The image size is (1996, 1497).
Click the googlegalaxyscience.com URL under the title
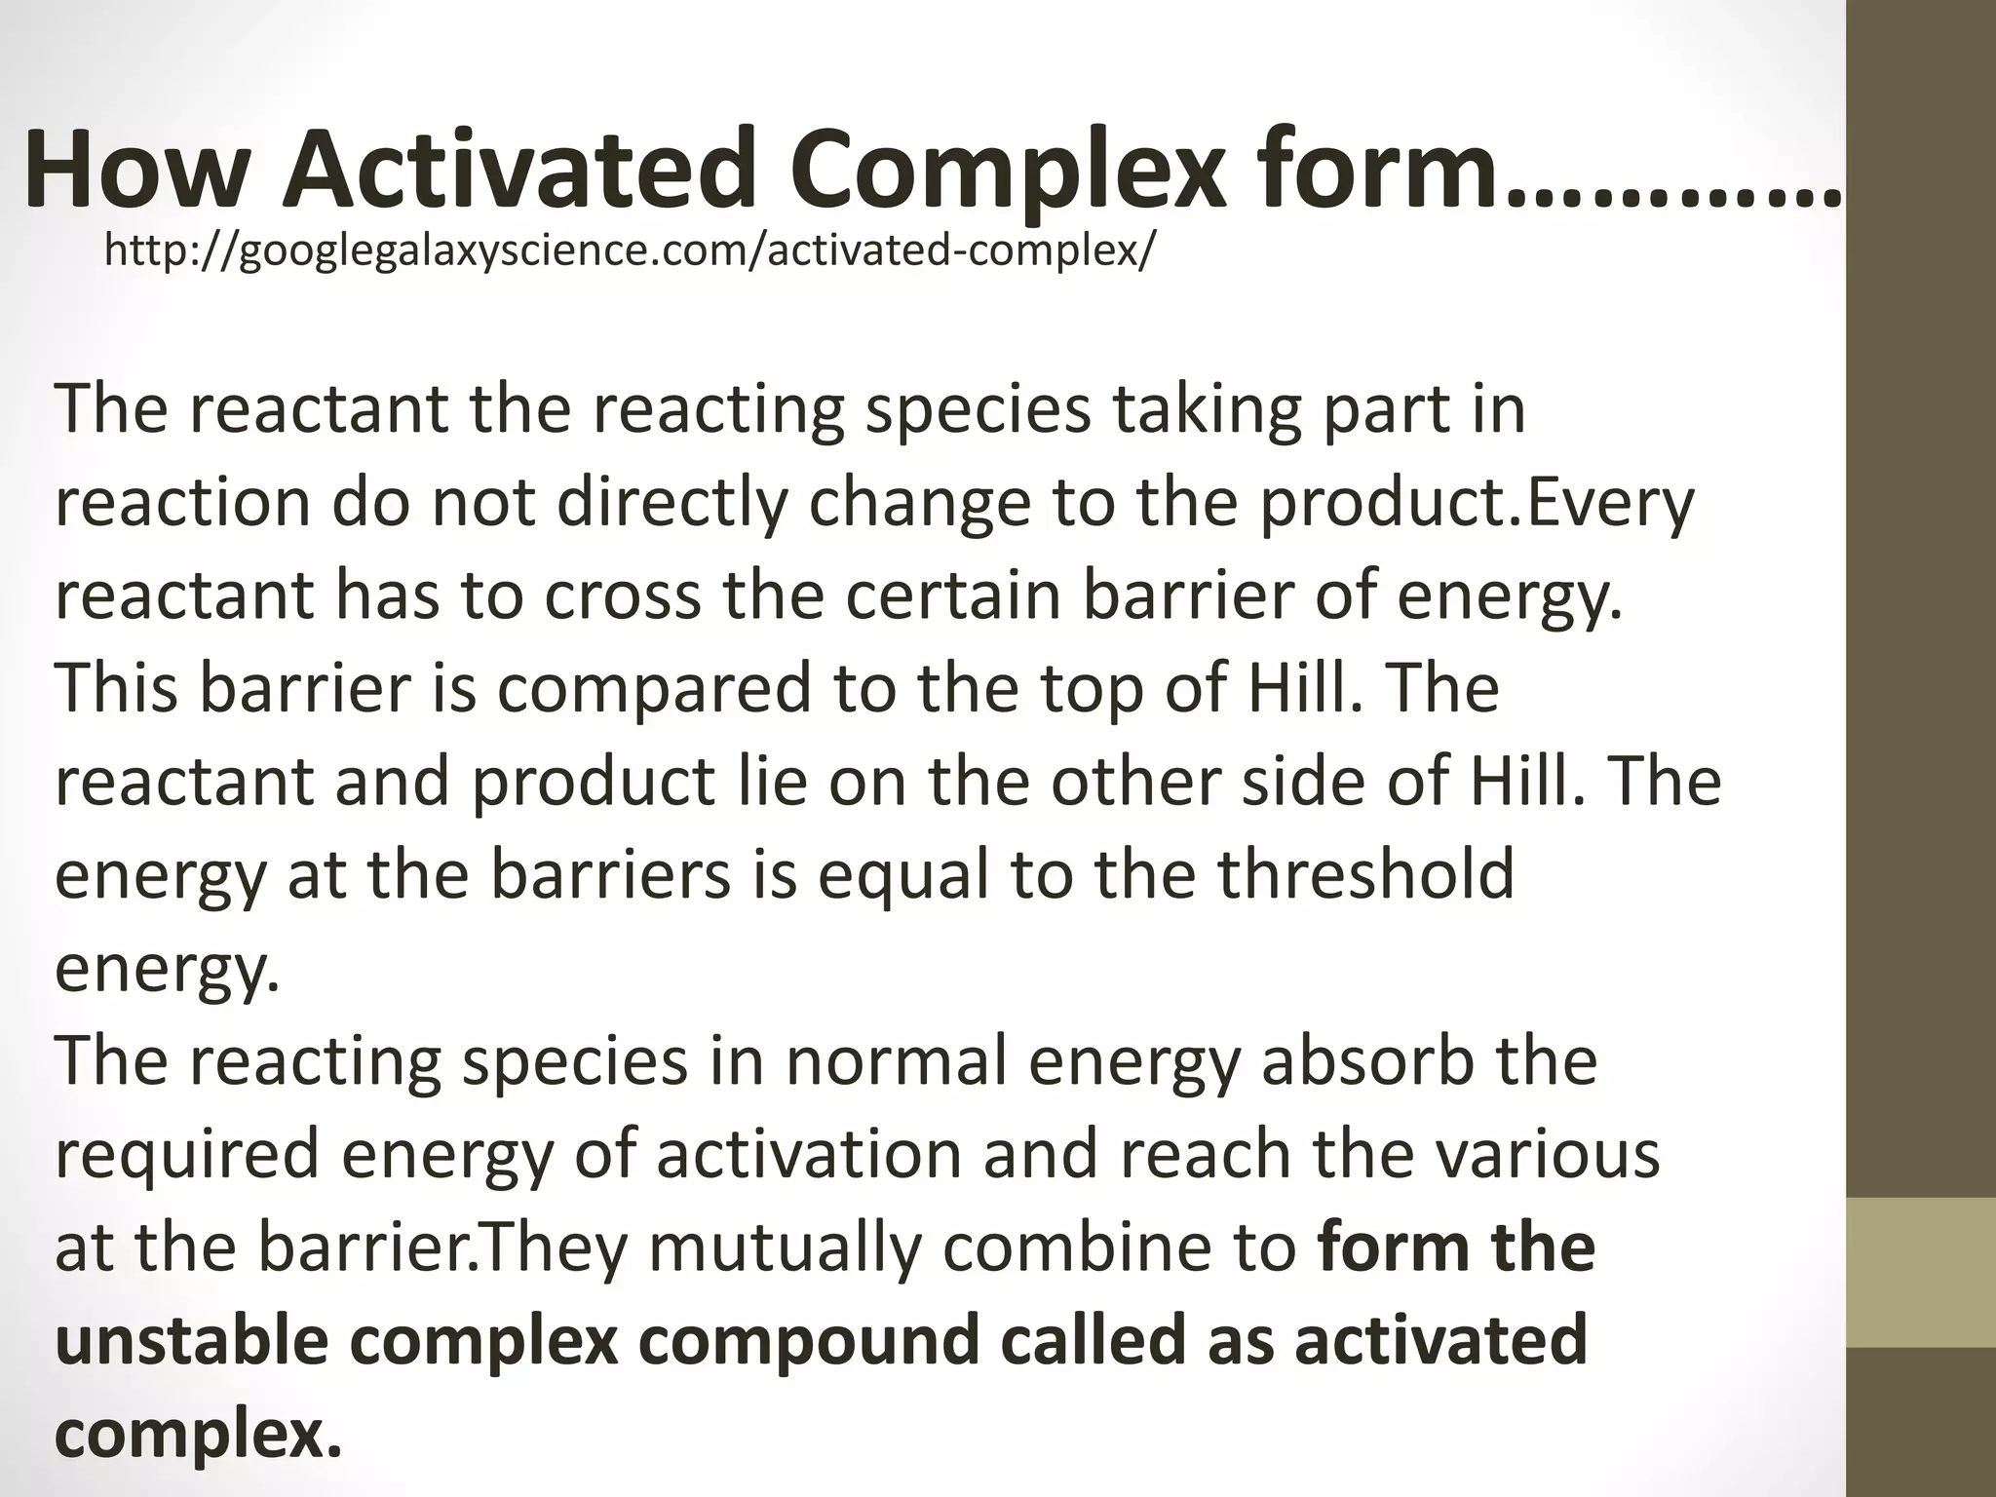click(630, 251)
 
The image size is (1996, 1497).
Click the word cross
click(622, 595)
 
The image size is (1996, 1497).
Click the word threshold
click(1366, 874)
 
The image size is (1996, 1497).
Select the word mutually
click(785, 1247)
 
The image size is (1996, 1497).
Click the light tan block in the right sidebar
click(1921, 1272)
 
